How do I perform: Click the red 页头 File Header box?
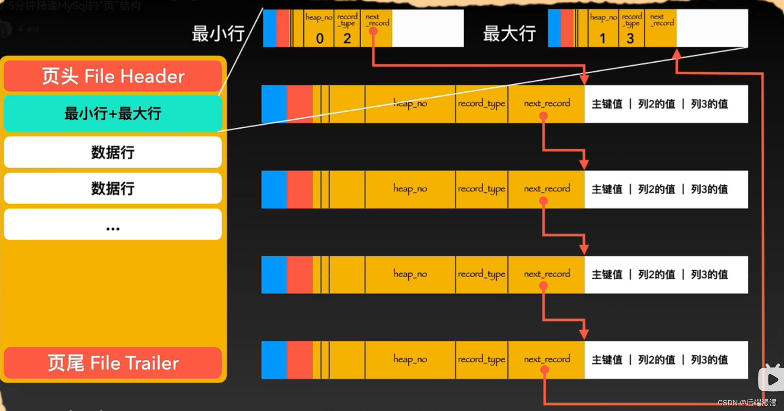[x=113, y=76]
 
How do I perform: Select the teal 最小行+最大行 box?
[x=113, y=114]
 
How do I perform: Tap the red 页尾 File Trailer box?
[x=113, y=363]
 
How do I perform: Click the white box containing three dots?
[x=113, y=224]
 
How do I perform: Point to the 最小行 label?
[x=218, y=33]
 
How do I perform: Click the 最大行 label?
[x=509, y=33]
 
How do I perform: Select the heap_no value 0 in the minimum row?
[x=320, y=38]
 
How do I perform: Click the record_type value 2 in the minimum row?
[x=347, y=38]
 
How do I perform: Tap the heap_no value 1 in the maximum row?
[x=603, y=38]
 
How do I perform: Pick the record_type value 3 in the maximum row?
[x=630, y=38]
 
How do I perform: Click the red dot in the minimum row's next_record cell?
[x=373, y=31]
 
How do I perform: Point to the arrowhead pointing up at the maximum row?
[x=677, y=54]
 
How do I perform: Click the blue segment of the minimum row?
[x=270, y=28]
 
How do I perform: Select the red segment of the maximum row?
[x=567, y=28]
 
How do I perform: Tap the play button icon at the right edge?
[x=772, y=379]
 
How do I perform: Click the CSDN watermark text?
[x=747, y=403]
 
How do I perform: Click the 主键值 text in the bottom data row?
[x=607, y=360]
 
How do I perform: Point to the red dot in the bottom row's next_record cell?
[x=545, y=370]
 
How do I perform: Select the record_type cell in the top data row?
[x=482, y=104]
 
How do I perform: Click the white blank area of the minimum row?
[x=428, y=28]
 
